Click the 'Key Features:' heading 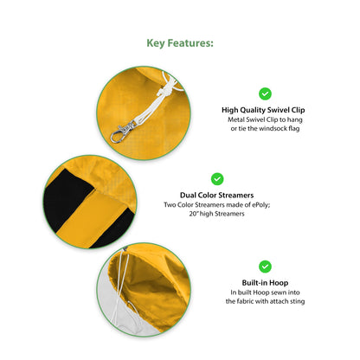point(180,43)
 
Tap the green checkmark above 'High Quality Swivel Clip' point(265,93)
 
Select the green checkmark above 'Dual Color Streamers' point(217,179)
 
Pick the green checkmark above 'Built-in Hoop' point(265,267)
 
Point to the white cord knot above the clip point(164,91)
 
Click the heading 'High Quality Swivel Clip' point(263,110)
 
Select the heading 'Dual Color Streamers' point(217,196)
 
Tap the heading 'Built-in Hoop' point(265,283)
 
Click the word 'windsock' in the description point(273,129)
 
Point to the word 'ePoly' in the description point(260,205)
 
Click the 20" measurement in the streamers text point(193,214)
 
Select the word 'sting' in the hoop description point(298,302)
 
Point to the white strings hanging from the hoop point(123,292)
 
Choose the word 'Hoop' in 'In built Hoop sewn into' point(261,292)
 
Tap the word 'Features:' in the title point(190,43)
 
